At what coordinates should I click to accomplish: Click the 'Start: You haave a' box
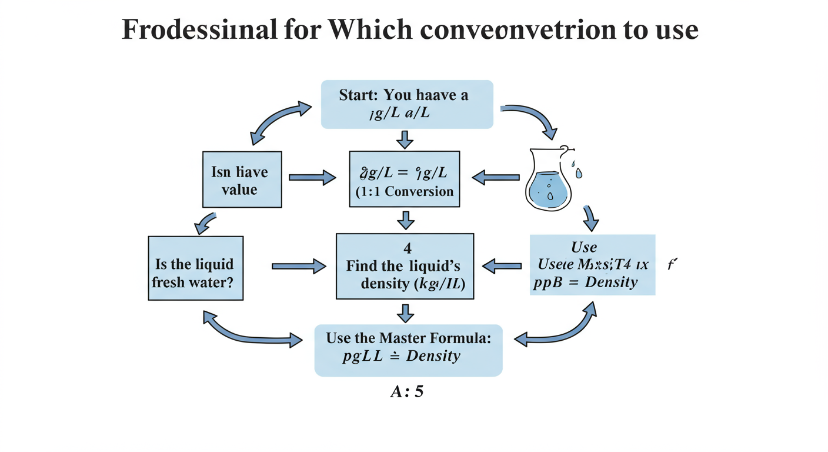[406, 104]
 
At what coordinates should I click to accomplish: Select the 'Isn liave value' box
[242, 180]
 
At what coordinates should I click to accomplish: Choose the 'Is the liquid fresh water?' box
[195, 268]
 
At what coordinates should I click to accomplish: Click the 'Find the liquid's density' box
[405, 266]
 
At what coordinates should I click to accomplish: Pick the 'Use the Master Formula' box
[408, 350]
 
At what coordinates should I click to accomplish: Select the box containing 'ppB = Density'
[592, 264]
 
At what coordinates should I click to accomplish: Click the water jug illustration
[548, 180]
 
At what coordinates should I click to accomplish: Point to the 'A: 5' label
[406, 391]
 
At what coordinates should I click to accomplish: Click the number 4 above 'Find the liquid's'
[408, 248]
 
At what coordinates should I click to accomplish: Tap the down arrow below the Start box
[405, 139]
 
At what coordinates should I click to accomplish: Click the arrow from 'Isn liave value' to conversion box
[312, 177]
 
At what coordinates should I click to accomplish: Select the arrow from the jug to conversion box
[496, 177]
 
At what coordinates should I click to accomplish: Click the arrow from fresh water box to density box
[298, 267]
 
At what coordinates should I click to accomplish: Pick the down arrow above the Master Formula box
[405, 313]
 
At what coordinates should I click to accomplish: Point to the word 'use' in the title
[678, 29]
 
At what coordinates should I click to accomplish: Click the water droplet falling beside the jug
[579, 173]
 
